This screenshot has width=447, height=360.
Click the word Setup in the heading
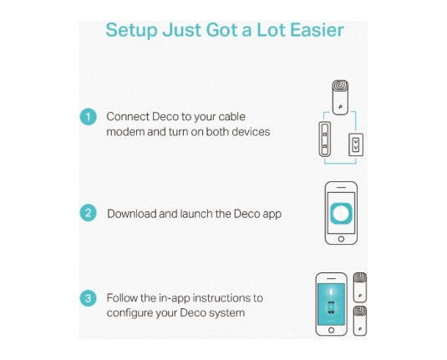tap(131, 30)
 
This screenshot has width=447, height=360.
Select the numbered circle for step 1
tap(88, 117)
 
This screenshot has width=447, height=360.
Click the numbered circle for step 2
tap(88, 213)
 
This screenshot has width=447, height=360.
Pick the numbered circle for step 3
tap(88, 298)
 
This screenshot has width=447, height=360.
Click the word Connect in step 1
tap(128, 117)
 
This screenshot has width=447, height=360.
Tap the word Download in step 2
tap(132, 214)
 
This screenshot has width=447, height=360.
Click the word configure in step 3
tap(130, 313)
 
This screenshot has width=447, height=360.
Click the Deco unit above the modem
tap(340, 98)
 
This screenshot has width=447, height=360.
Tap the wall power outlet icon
tap(356, 145)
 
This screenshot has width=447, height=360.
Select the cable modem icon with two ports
tap(325, 139)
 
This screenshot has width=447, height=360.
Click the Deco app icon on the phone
tap(341, 214)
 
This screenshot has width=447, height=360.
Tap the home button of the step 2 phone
tap(341, 239)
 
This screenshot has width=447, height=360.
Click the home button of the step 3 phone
tap(331, 331)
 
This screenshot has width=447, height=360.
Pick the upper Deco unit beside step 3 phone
tap(360, 287)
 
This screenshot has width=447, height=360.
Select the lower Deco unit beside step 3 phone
tap(360, 321)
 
